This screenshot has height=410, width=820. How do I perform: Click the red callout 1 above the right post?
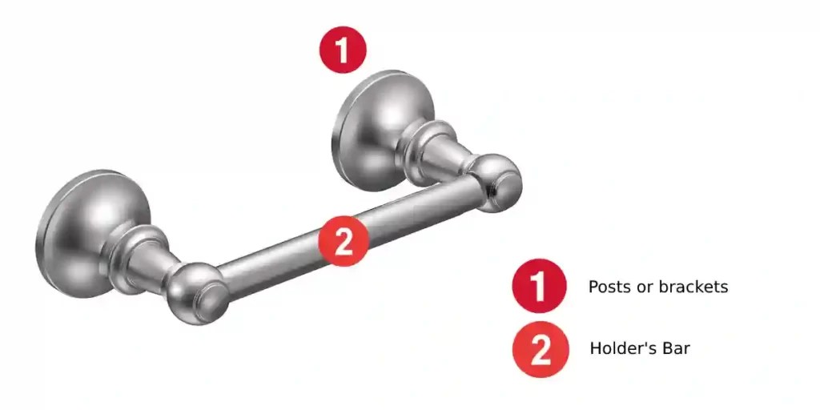[343, 50]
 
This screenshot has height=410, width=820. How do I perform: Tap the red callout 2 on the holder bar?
[344, 240]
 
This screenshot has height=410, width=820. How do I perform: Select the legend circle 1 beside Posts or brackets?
[540, 286]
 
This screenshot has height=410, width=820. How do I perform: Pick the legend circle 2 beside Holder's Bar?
[541, 349]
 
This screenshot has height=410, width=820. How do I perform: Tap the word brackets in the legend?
[693, 286]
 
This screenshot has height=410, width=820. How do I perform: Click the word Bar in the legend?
[675, 349]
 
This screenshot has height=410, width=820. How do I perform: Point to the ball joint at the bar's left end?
[192, 292]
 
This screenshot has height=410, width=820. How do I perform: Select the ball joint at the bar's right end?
[496, 182]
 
